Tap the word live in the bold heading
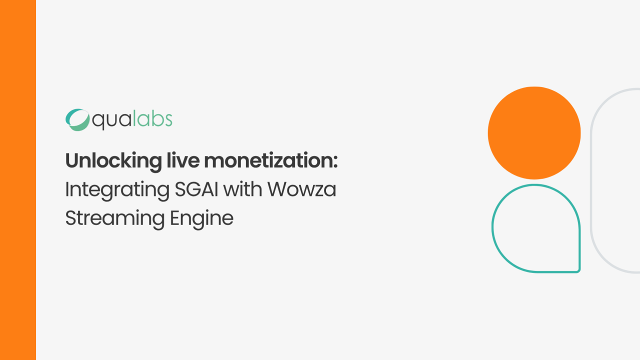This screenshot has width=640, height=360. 183,160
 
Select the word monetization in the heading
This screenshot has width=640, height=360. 268,161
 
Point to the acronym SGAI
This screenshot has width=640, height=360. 196,189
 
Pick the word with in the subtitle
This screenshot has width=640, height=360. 242,189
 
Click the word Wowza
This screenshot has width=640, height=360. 301,189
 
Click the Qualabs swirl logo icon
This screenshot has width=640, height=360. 77,120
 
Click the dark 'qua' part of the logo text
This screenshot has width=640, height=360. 111,121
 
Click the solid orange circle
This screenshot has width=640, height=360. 534,133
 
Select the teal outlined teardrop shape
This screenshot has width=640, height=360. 492,228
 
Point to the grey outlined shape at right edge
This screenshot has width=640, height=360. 591,180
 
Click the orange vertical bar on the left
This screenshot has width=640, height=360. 18,180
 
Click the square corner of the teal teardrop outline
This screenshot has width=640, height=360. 578,271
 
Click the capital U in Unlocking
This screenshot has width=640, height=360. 72,161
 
